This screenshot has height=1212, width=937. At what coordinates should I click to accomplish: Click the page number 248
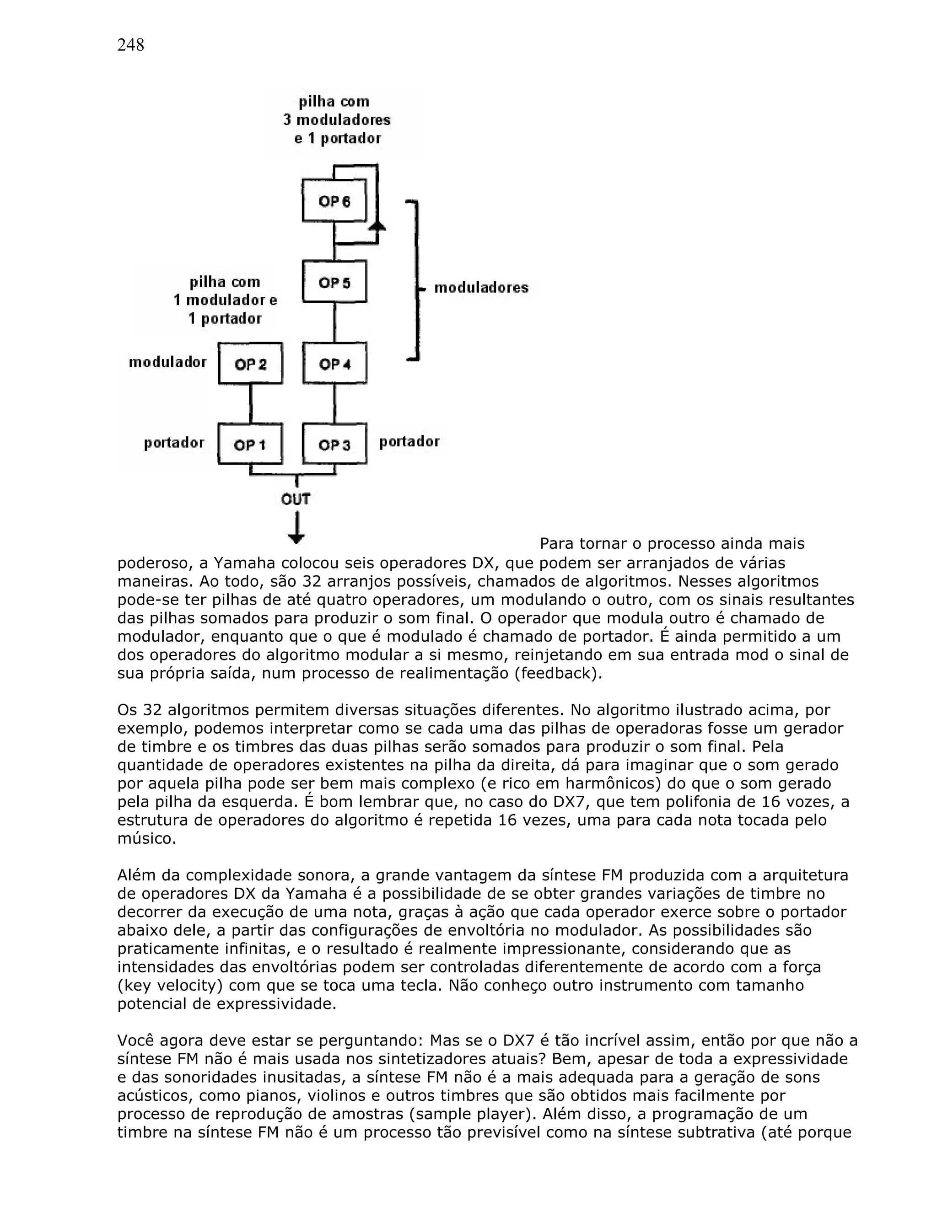(130, 45)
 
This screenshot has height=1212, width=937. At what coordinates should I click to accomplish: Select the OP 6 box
(334, 201)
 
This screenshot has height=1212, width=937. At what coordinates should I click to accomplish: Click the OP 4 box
(334, 364)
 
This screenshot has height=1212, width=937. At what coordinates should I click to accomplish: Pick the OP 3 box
(334, 445)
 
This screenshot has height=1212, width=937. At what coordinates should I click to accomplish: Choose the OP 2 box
(250, 364)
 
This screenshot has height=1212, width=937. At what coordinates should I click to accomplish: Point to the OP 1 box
(250, 445)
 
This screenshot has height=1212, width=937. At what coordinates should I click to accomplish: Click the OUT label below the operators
(296, 499)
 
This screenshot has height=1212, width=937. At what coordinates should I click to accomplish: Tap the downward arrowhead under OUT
(296, 538)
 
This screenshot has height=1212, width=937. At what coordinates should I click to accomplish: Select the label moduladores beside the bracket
(481, 288)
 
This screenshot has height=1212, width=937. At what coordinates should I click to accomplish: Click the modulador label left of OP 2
(167, 362)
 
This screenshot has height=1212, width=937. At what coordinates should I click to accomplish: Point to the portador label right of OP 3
(409, 442)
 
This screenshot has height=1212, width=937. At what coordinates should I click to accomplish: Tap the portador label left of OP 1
(174, 443)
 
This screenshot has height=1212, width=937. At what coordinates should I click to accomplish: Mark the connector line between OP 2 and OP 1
(250, 403)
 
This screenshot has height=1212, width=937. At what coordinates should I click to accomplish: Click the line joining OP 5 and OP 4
(334, 322)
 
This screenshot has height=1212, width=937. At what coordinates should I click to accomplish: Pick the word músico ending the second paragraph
(146, 838)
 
